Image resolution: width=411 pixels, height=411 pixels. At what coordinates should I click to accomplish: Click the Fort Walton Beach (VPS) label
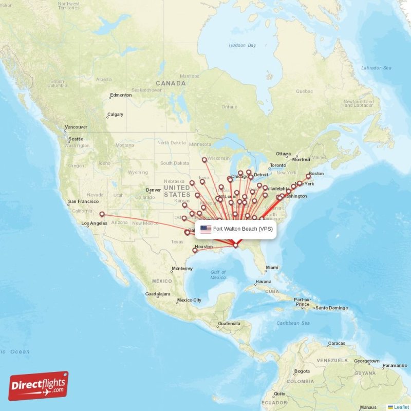pos(243,229)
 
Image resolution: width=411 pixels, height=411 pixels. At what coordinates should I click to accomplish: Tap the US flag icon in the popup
pos(206,229)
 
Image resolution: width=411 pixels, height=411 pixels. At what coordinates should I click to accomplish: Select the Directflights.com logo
pos(39,386)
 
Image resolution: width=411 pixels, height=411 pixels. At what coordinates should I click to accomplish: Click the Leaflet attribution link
pos(401,407)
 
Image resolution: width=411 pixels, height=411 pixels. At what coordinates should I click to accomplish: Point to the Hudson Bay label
pos(242,45)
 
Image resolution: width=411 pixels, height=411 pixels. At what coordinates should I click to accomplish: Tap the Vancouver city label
pos(76,127)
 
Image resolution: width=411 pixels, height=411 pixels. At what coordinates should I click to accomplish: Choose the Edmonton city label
pos(121,95)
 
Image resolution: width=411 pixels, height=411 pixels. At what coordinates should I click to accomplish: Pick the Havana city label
pos(263,282)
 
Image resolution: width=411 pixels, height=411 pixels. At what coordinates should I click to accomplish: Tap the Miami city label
pos(272,267)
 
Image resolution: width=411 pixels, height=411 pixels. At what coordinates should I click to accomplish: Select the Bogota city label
pos(302,371)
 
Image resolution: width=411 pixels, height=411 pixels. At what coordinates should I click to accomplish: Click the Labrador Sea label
pos(376,68)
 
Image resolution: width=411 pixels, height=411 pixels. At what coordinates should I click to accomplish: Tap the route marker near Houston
pos(195,250)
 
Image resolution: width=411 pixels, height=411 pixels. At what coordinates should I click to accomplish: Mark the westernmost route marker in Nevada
pos(102,214)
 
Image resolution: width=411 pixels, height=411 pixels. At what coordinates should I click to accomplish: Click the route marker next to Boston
pos(309,176)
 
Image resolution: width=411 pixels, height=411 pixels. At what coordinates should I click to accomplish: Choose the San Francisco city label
pos(84,201)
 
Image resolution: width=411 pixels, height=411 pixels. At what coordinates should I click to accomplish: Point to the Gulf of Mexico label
pos(218,274)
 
